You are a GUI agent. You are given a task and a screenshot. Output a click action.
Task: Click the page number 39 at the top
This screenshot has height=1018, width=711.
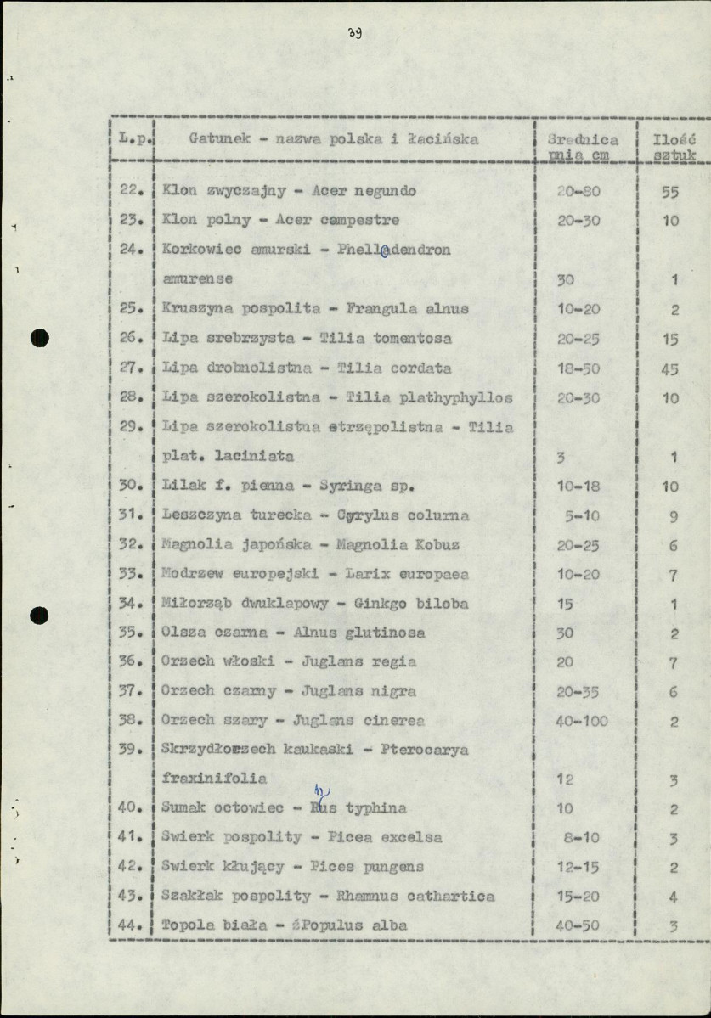[x=355, y=34]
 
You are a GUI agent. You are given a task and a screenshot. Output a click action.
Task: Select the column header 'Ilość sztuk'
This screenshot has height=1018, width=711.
[x=674, y=147]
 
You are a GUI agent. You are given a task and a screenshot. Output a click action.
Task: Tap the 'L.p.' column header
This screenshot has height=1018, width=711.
[x=133, y=138]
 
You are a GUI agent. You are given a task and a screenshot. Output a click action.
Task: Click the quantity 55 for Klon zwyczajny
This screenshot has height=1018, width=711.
[x=670, y=192]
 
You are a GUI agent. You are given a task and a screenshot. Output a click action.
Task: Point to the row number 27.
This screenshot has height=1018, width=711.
[x=129, y=368]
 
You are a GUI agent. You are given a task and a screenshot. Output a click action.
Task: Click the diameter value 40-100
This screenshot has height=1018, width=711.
[x=582, y=721]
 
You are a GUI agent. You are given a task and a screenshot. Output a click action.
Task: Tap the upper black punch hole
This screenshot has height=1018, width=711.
[x=39, y=337]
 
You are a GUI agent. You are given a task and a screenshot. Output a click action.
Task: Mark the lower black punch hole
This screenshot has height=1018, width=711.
[x=39, y=614]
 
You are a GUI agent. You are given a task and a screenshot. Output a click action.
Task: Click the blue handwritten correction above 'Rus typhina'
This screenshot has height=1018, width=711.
[x=321, y=792]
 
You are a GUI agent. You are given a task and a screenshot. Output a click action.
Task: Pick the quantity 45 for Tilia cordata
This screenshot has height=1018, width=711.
[x=670, y=368]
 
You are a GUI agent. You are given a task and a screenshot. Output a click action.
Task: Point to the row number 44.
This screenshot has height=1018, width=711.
[x=129, y=925]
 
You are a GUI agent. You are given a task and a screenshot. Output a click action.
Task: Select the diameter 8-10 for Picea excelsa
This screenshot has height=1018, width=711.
[x=582, y=837]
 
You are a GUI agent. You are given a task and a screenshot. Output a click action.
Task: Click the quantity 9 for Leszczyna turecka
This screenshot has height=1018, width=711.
[x=672, y=515]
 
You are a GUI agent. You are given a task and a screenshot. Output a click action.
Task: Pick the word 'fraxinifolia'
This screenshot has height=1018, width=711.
[x=213, y=778]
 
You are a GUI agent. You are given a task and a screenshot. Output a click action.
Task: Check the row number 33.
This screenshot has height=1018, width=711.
[x=129, y=574]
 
